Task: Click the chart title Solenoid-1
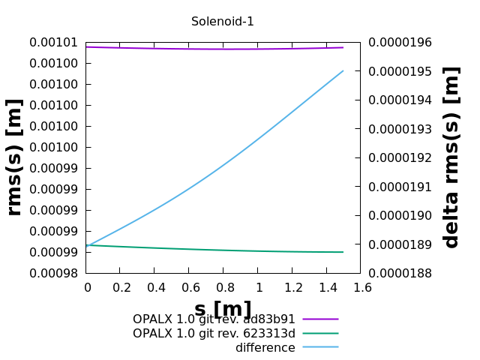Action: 222,22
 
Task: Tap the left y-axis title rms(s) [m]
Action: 14,157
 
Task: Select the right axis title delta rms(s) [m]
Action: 451,157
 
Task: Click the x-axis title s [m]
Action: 223,309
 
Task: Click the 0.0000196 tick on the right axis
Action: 393,42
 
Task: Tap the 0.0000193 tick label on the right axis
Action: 393,129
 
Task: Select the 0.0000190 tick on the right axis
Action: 393,215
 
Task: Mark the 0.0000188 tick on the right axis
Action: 393,273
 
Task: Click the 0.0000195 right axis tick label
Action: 393,71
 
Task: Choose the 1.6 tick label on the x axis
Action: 361,287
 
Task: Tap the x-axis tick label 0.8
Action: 223,287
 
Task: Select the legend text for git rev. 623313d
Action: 214,334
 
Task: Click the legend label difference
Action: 265,348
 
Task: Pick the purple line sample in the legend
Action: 320,319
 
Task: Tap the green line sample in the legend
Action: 320,333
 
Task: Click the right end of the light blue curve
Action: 343,71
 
